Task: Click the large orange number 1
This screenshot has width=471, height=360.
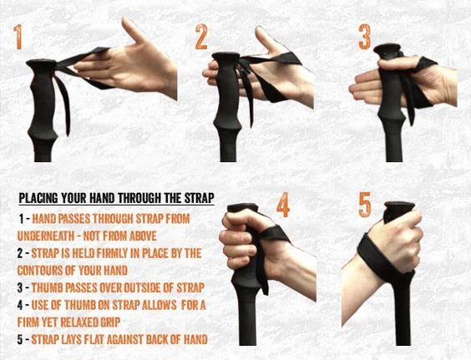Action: point(18,37)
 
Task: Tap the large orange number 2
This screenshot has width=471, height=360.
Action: point(201,37)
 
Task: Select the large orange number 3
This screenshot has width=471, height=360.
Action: point(365,37)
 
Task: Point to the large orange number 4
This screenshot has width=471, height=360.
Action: point(283,205)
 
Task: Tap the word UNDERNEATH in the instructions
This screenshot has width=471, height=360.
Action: point(46,236)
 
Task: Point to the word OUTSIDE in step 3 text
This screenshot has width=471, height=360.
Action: point(140,287)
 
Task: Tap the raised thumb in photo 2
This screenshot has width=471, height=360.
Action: point(268,38)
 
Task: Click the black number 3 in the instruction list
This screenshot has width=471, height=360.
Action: point(20,288)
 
